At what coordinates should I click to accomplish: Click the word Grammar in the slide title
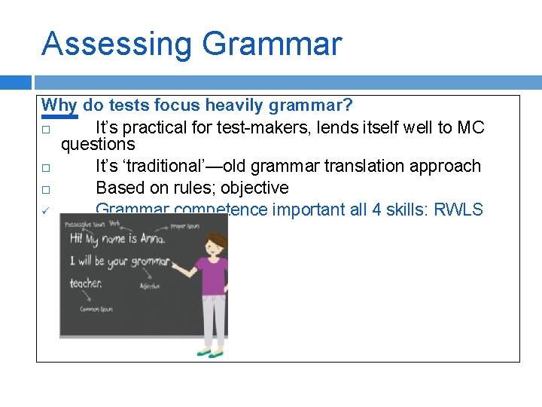click(x=272, y=44)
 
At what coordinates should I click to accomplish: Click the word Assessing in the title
click(x=117, y=44)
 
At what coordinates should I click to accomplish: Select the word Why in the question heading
click(x=59, y=106)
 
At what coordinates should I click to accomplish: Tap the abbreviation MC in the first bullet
click(x=470, y=127)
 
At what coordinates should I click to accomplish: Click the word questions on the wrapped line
click(x=98, y=145)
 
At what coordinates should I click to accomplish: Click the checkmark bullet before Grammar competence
click(x=46, y=210)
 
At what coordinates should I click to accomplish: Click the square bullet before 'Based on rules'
click(x=46, y=188)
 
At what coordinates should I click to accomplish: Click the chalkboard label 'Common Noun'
click(x=96, y=309)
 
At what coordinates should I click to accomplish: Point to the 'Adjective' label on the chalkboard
click(x=150, y=286)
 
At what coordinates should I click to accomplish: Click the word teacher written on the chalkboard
click(x=86, y=283)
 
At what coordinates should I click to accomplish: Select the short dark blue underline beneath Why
click(x=59, y=117)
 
